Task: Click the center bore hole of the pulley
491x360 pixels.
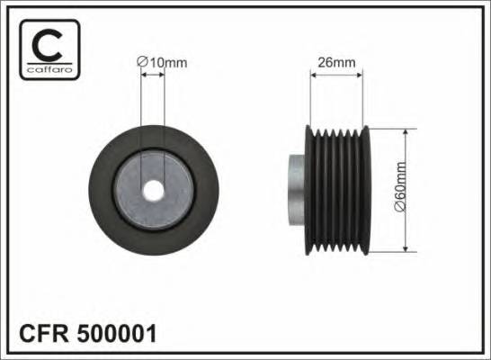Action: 154,191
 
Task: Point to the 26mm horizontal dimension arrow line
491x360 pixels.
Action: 338,76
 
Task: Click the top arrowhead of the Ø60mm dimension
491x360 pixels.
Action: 409,131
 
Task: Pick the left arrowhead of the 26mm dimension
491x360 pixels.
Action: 313,76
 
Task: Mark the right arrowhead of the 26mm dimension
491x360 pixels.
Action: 363,76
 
